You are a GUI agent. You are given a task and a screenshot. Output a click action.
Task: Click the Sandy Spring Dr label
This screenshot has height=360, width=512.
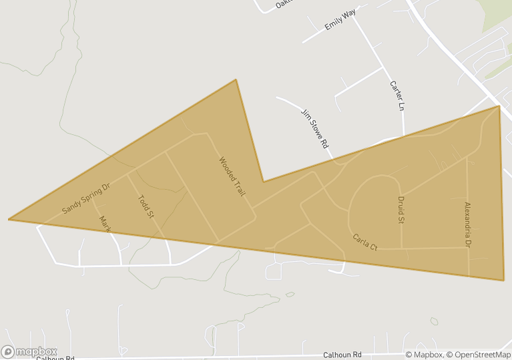pos(86,197)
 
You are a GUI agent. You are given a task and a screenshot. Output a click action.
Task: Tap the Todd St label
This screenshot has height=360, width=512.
pos(146,206)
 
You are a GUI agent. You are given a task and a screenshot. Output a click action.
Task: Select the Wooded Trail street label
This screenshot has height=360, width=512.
pos(232,176)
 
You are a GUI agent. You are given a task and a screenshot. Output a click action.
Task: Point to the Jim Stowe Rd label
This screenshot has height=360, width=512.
pos(314,128)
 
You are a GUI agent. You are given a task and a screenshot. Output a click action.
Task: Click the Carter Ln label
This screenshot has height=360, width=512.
pos(397,96)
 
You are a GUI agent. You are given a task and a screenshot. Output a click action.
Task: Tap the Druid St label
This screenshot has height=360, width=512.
pos(402,210)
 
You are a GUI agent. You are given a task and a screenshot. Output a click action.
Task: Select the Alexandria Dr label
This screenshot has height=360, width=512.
pos(467,225)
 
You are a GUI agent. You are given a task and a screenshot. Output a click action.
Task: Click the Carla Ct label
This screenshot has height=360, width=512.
pos(365,242)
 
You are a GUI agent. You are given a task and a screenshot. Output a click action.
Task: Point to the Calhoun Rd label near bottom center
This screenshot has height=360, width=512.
pos(342,355)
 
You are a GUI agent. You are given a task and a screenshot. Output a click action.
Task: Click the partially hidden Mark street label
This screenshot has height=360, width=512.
pos(105,224)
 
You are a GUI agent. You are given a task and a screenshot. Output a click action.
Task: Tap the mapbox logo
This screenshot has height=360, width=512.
pos(29,351)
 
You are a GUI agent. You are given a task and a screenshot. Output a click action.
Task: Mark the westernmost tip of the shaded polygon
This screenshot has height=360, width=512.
pos(9,219)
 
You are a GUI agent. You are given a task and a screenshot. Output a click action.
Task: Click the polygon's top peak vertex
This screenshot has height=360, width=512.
pos(236,79)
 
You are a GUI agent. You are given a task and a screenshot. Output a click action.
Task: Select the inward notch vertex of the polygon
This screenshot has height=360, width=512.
pos(263,181)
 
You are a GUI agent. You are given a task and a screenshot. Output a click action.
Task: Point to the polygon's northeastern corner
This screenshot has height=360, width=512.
pos(499,106)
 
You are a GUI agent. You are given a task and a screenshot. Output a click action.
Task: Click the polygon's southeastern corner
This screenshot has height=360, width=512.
pos(503,280)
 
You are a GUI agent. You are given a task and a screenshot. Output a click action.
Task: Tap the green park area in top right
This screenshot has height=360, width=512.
pos(498,13)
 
